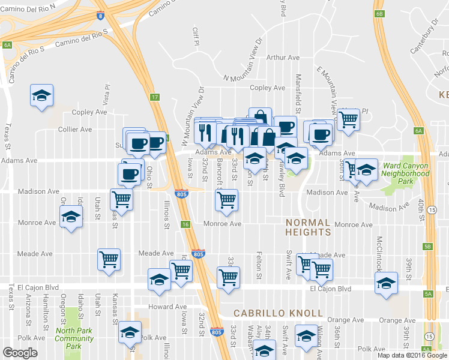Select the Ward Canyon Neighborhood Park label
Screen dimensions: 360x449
coord(407,173)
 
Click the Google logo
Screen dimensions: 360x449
coord(20,353)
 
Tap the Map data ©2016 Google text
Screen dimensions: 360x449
coord(412,355)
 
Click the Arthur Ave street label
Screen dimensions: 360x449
coord(283,58)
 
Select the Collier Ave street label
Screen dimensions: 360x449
coord(75,129)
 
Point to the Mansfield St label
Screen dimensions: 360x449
coord(298,88)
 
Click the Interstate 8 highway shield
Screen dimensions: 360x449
coord(98,16)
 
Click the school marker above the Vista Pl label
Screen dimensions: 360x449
coord(42,95)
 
